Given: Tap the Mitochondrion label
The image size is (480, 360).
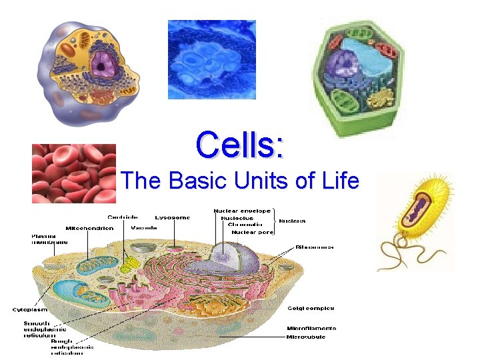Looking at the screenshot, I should (89, 228).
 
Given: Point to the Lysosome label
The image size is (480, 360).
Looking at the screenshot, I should (173, 217).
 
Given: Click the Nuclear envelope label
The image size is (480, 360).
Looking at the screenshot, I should (241, 211).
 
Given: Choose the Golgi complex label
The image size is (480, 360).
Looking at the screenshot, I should (310, 308).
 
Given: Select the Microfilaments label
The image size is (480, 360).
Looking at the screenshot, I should (311, 328).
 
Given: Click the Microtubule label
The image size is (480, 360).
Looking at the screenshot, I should (307, 336).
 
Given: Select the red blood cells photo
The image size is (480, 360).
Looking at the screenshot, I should (74, 173).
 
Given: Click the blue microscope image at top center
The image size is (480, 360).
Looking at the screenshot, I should (211, 59).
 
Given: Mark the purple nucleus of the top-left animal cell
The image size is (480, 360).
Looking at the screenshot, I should (103, 63).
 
